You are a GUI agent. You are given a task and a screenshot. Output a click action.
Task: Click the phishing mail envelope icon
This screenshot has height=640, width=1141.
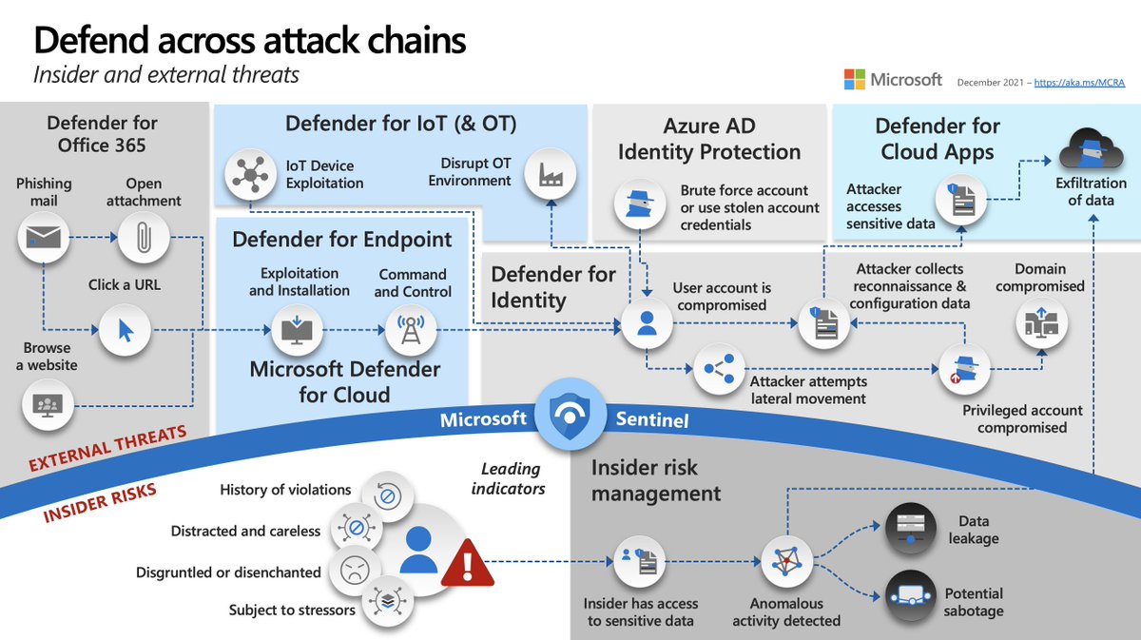click(x=44, y=238)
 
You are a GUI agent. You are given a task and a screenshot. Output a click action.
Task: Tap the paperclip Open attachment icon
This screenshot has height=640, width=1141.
click(x=144, y=238)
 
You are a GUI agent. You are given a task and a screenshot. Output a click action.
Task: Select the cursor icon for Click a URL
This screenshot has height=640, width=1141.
click(x=125, y=330)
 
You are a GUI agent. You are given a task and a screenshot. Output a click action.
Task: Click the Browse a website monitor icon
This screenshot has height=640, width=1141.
click(x=48, y=405)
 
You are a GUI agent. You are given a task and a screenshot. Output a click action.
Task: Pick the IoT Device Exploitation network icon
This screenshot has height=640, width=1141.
click(x=250, y=175)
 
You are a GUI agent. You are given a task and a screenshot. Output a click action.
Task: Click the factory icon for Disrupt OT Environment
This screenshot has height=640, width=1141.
click(x=551, y=174)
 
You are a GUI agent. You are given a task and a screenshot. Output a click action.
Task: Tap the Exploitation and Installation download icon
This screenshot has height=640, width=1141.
click(x=297, y=330)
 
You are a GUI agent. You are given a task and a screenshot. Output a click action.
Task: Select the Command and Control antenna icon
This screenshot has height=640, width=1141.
click(x=411, y=330)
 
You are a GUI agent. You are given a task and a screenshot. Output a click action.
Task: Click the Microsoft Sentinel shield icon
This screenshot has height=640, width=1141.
click(x=570, y=416)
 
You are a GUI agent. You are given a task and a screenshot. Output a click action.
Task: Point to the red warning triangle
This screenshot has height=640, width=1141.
click(x=467, y=563)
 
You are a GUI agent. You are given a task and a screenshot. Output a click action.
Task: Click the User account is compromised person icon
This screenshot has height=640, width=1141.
click(x=647, y=323)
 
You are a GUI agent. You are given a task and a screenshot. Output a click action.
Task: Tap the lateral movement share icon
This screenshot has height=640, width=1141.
click(x=719, y=368)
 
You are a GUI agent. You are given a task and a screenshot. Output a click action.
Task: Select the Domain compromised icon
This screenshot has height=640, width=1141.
click(x=1042, y=323)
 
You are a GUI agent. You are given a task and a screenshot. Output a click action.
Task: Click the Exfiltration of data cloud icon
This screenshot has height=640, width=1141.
click(x=1092, y=149)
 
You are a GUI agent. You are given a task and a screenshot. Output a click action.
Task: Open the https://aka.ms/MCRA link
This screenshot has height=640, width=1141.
click(x=1079, y=83)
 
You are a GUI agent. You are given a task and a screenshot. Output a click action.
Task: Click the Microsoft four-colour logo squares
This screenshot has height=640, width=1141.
click(x=854, y=80)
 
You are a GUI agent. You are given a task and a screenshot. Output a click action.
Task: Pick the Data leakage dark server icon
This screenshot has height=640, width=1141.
click(x=911, y=529)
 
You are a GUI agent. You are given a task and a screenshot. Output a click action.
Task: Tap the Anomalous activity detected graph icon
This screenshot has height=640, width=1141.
click(x=787, y=561)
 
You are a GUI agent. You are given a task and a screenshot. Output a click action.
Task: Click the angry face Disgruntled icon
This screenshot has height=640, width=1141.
click(x=355, y=570)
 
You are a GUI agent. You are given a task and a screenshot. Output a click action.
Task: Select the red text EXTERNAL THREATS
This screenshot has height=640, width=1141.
click(x=107, y=448)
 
